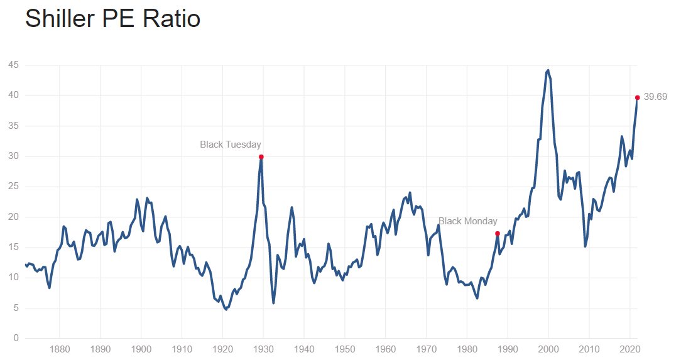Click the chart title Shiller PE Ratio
click(x=112, y=19)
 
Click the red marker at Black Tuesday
click(x=261, y=156)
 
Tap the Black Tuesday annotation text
click(x=230, y=145)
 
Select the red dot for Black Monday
click(x=498, y=234)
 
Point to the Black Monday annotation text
click(x=467, y=221)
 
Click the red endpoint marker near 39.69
click(x=637, y=97)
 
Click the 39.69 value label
click(x=655, y=97)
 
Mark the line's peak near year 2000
click(x=548, y=70)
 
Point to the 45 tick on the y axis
click(x=13, y=65)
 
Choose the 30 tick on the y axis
click(x=13, y=156)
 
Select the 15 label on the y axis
click(x=13, y=248)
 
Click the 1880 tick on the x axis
click(x=60, y=348)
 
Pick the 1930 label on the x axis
click(x=263, y=348)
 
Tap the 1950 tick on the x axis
click(x=345, y=348)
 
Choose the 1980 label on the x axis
click(x=467, y=348)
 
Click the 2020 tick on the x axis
click(x=630, y=348)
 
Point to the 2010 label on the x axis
click(x=589, y=348)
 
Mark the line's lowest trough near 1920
click(x=226, y=309)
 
